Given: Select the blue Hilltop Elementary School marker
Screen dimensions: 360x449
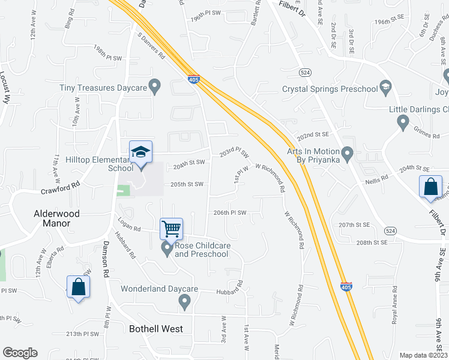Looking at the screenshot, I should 140,152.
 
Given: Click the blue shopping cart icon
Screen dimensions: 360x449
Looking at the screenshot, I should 171,229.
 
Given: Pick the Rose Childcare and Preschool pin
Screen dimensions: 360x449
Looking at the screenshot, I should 167,248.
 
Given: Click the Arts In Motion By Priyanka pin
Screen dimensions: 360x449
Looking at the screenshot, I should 346,154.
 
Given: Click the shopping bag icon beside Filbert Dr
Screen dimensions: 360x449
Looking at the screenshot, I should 431,187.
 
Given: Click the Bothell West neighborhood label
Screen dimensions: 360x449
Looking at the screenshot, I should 156,329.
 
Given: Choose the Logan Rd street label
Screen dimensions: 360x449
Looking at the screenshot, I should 129,226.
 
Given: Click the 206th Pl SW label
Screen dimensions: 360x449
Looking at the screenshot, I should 231,212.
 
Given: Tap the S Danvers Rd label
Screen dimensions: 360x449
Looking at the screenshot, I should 151,46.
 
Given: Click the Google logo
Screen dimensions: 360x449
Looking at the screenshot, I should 20,353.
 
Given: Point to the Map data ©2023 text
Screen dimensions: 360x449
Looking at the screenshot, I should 424,355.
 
